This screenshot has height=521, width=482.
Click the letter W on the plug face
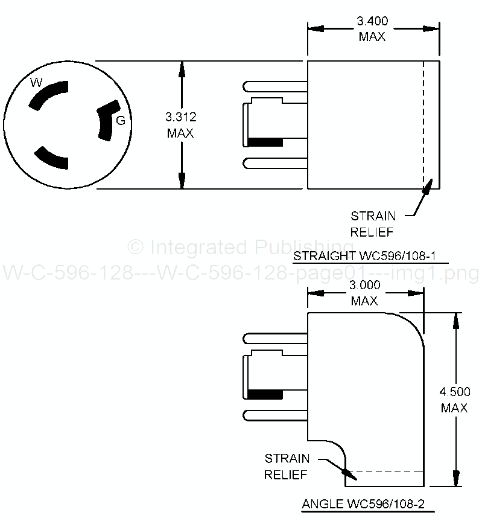[37, 82]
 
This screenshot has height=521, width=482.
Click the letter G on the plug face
[121, 120]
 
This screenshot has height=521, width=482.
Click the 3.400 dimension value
[372, 22]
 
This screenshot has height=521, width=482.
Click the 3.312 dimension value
[181, 117]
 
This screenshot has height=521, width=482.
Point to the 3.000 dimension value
[365, 287]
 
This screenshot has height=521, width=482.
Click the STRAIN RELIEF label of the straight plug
[373, 223]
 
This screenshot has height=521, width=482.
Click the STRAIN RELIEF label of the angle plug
[287, 466]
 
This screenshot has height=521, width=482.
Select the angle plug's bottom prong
[274, 415]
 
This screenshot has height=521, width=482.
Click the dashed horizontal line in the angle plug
[386, 471]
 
